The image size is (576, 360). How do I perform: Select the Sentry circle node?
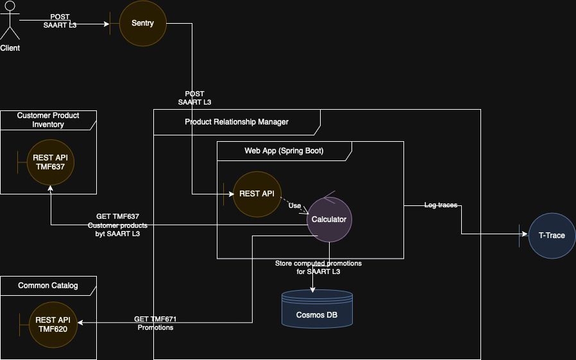pos(142,23)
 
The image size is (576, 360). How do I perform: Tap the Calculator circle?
pos(329,219)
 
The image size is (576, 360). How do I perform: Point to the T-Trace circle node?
pos(552,236)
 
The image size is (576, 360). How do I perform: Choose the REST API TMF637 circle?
pos(51,162)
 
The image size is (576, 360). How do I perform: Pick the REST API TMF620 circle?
pos(53,324)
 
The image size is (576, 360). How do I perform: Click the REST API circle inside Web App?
pos(257,194)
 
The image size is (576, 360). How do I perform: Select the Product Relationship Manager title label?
pos(237,122)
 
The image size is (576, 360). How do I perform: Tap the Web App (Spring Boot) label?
pos(284,151)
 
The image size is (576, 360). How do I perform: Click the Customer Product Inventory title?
pos(48,120)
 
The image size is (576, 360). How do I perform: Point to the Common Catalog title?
pos(48,286)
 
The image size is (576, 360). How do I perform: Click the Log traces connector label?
pos(441,205)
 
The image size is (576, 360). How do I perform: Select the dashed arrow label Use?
pos(294,206)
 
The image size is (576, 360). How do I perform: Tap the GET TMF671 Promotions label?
pos(155,323)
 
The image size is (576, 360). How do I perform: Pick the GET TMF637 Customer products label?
pos(117,225)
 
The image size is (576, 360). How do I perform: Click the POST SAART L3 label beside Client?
pos(60,21)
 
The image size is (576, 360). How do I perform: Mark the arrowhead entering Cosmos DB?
pos(313,290)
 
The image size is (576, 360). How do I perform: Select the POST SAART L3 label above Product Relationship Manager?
pos(194,98)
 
